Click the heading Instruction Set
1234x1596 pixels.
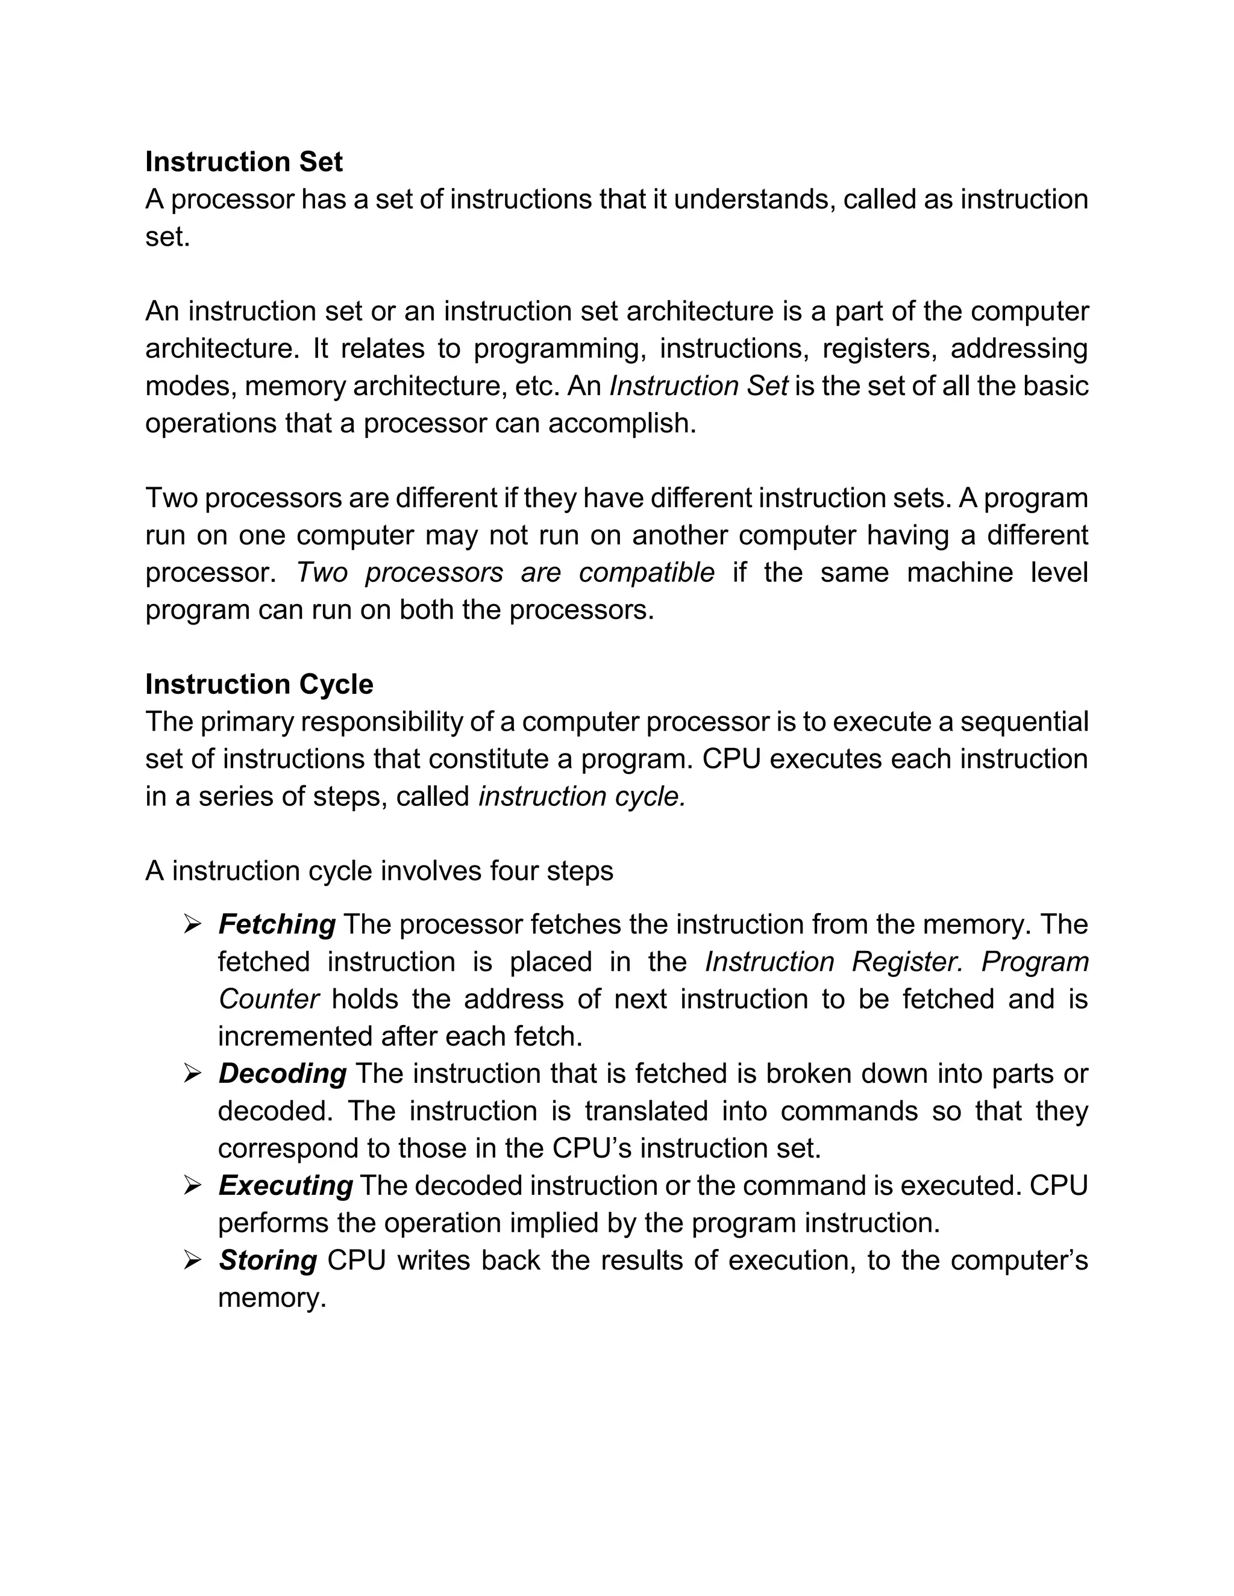(243, 162)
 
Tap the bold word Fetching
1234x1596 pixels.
(277, 925)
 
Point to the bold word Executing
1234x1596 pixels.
(286, 1186)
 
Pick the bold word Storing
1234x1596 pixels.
(268, 1261)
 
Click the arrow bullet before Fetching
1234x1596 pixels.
(192, 925)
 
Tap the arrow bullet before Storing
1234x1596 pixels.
(192, 1261)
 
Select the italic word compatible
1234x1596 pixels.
(647, 573)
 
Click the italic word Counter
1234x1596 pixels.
(268, 1000)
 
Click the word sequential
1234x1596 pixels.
(1024, 722)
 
